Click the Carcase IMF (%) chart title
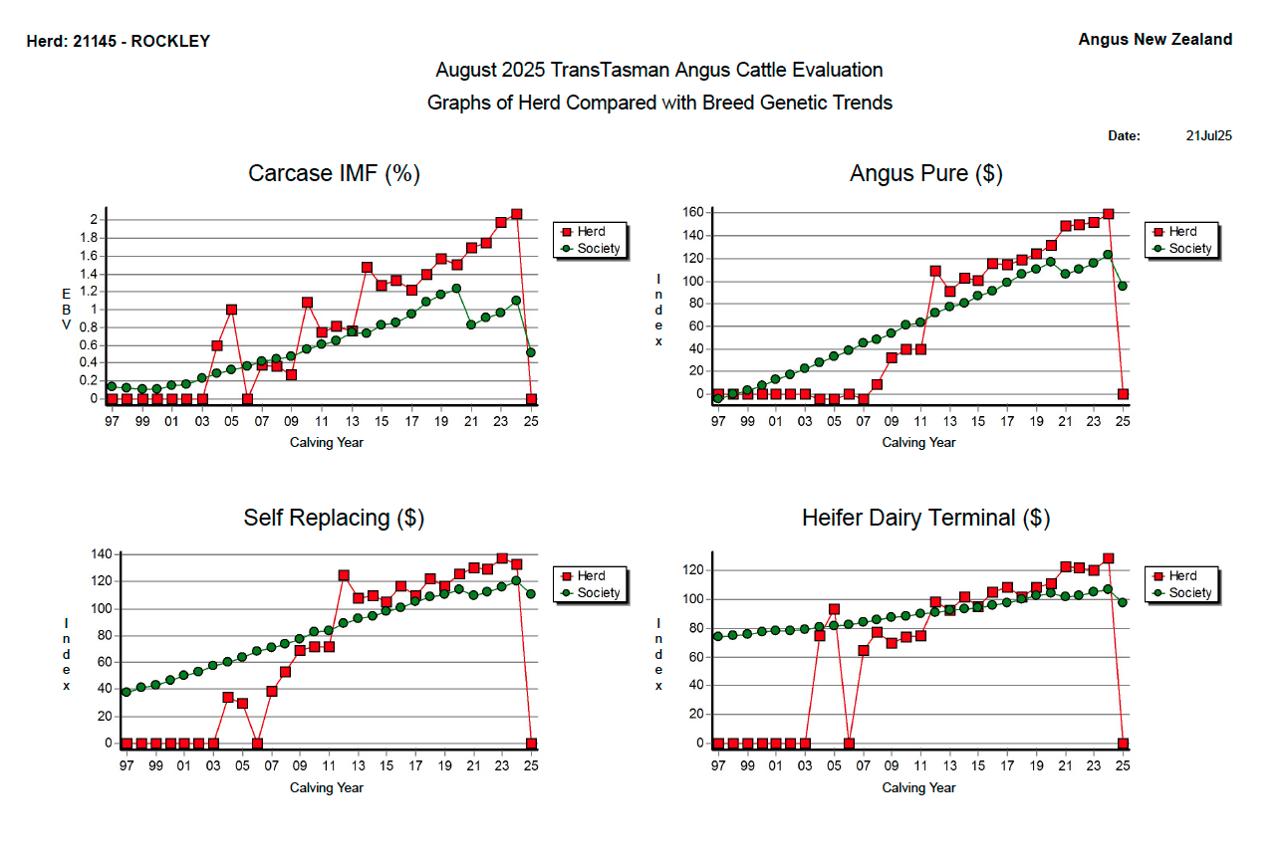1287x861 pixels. coord(334,173)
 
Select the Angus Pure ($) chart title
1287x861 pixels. coord(925,173)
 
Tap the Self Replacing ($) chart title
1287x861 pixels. coord(334,518)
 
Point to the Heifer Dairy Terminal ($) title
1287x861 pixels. coord(925,518)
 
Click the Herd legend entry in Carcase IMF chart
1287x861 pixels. coord(590,232)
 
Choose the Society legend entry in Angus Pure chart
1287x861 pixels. coord(1189,249)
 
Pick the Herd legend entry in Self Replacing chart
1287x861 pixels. coord(590,576)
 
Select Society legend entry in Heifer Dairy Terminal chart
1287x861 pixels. coord(1189,593)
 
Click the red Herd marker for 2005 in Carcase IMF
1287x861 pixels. coord(231,310)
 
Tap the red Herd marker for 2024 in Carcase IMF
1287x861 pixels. coord(516,214)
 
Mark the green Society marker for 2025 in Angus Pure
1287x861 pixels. coord(1123,286)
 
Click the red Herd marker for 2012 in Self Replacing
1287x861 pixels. coord(344,575)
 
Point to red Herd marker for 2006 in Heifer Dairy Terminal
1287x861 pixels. coord(849,744)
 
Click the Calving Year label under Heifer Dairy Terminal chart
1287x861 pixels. coord(918,788)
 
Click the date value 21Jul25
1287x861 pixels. coord(1209,136)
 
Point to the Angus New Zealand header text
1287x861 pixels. coord(1155,40)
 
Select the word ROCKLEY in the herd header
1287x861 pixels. coord(170,42)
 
